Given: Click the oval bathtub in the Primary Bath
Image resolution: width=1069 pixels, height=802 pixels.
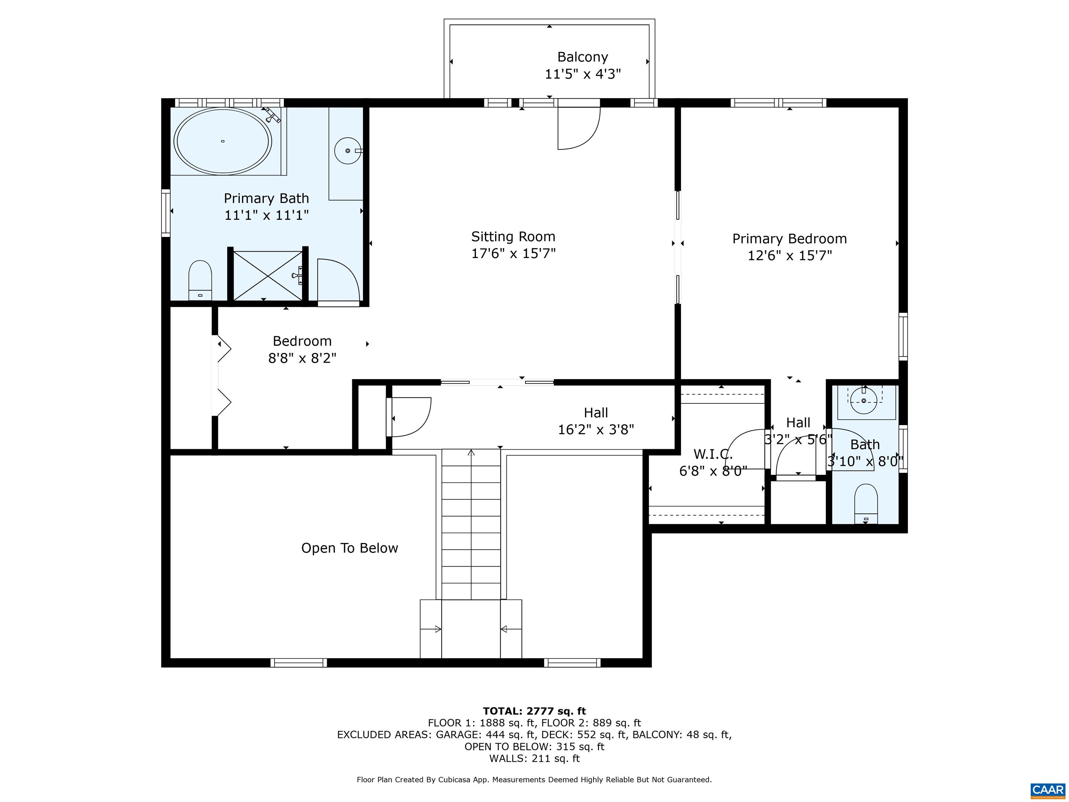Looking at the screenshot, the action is pos(222,141).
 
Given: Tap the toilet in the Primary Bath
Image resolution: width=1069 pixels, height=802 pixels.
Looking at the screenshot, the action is pos(200,280).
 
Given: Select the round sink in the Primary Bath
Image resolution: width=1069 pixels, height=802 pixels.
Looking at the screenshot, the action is pos(348,151).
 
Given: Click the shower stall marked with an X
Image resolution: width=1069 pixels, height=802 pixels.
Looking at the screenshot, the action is pos(267,276).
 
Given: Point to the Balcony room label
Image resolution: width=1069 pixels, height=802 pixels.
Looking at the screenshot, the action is pos(582,57).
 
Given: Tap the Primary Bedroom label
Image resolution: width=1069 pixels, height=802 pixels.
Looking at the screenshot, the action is pos(789,239).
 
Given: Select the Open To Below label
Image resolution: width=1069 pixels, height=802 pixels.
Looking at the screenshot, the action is pos(349,548).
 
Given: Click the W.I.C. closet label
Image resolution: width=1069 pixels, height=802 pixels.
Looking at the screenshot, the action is pos(713,454).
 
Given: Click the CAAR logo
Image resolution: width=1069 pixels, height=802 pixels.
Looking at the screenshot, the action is pos(1048,790).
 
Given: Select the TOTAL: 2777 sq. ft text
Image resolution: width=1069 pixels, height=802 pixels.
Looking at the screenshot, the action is pos(534,711).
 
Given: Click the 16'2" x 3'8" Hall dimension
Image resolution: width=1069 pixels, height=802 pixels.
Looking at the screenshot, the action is pos(596,429).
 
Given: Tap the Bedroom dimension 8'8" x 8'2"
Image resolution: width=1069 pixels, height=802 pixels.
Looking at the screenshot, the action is pos(302,358).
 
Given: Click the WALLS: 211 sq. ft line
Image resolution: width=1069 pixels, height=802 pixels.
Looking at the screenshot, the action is pos(534,758).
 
